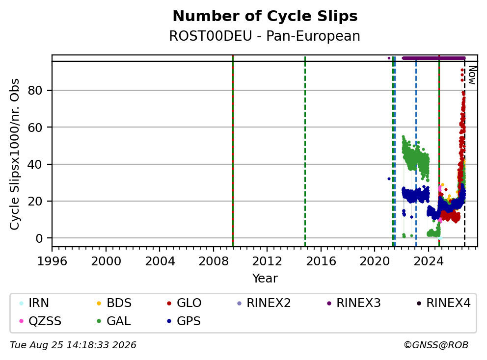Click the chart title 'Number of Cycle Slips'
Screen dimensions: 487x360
[265, 16]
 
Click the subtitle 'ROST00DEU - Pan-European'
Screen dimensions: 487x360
[265, 36]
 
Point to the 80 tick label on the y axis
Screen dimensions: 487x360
[35, 90]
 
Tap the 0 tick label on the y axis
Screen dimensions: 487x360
[39, 238]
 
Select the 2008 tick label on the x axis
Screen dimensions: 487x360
[214, 261]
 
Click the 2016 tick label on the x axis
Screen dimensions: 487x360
[321, 261]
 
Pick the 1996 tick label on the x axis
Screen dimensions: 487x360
[52, 261]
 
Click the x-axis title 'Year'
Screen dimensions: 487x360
[265, 279]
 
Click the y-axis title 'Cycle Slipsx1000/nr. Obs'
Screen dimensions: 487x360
[15, 154]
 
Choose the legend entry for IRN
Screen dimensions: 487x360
[34, 303]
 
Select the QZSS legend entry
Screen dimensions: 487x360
[40, 321]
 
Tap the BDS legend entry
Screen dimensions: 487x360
[114, 303]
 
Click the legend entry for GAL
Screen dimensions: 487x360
[114, 321]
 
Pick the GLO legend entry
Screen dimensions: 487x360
[184, 303]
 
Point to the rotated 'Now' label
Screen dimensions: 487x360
[472, 76]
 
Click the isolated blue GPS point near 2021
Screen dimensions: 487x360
[389, 179]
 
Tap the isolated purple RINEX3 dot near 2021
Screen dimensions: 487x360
[389, 58]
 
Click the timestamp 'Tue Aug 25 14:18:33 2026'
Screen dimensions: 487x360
[73, 345]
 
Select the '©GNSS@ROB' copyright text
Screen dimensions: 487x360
[436, 345]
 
